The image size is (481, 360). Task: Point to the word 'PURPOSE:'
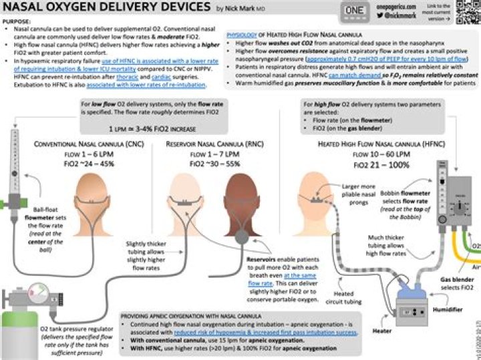click(x=17, y=21)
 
